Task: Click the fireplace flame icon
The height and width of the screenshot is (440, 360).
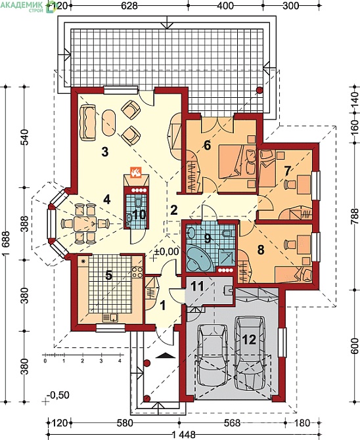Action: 136,172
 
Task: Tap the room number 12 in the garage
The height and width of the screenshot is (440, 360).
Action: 249,340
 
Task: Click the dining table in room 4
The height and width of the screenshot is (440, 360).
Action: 85,224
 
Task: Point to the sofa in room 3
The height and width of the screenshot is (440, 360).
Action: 87,122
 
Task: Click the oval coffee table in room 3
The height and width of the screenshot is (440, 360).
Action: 108,123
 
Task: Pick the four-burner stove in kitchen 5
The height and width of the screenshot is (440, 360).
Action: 137,272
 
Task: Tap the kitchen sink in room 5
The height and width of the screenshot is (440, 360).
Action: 110,317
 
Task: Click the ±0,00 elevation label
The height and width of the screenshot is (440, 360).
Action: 166,252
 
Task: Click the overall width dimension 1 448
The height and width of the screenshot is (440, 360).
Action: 183,435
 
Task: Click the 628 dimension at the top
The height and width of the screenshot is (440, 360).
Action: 129,6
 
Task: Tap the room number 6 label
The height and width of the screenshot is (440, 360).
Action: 207,145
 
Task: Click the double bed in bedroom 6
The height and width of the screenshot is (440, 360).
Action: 237,161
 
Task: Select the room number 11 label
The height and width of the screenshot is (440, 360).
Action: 197,286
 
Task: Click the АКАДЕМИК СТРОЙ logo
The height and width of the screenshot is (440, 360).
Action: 27,6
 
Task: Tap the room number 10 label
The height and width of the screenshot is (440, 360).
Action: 139,214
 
